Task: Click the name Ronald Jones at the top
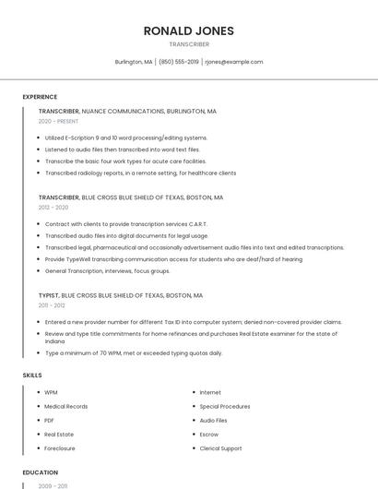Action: click(x=188, y=30)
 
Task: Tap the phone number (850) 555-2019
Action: click(x=179, y=62)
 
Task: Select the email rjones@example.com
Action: click(x=234, y=62)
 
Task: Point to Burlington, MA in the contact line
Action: click(x=134, y=62)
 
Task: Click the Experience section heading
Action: click(x=40, y=97)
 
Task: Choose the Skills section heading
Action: click(x=32, y=376)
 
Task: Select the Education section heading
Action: click(x=41, y=472)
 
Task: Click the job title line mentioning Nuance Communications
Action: click(x=127, y=111)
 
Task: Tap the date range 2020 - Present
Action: click(x=58, y=121)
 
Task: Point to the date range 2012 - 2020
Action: click(x=53, y=208)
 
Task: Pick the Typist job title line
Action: click(x=121, y=295)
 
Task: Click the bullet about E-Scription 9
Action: click(x=126, y=137)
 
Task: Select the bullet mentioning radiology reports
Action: click(x=140, y=173)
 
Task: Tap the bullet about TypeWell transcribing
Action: click(x=173, y=259)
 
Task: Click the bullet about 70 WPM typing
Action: click(x=134, y=352)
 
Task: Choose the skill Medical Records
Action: click(x=66, y=406)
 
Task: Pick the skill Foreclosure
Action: click(x=60, y=448)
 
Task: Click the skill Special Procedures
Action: click(x=225, y=406)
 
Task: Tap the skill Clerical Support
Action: click(x=221, y=448)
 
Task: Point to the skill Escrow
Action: click(x=209, y=434)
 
